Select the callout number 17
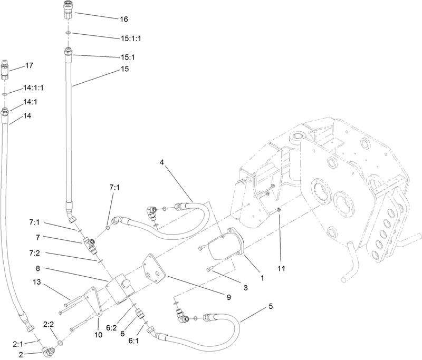[x=30, y=66]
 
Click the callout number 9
[x=229, y=297]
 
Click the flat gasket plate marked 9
[x=155, y=269]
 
